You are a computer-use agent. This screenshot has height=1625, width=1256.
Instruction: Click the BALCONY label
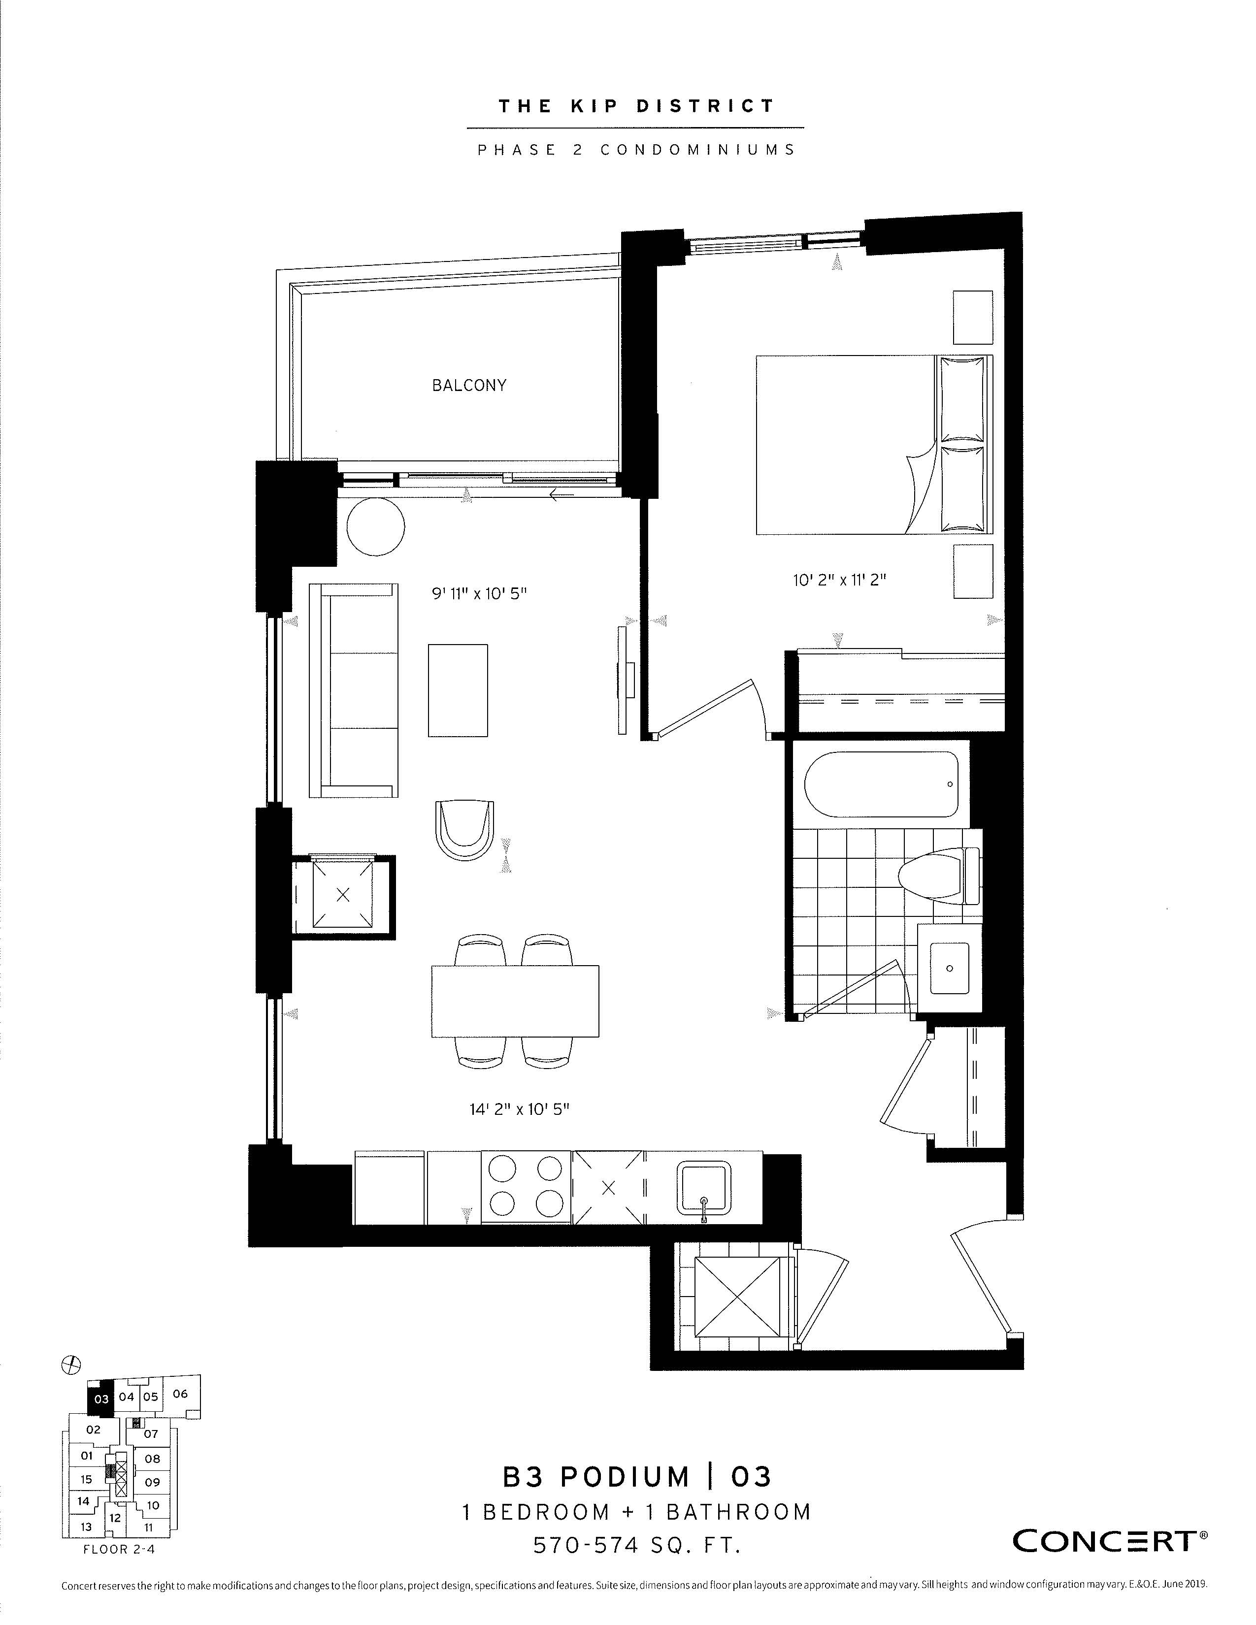point(469,386)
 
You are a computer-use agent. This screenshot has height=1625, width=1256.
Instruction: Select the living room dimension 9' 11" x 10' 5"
point(479,594)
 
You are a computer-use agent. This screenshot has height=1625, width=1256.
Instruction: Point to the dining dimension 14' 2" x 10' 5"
point(519,1109)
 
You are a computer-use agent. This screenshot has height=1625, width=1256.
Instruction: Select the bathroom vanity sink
point(950,968)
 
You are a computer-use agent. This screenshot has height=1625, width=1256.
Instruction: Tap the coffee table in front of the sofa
point(458,690)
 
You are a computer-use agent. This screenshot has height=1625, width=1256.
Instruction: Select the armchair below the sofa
point(465,830)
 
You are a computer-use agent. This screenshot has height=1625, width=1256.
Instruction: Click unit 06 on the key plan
point(181,1395)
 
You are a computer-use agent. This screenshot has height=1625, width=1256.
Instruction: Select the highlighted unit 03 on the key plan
point(100,1399)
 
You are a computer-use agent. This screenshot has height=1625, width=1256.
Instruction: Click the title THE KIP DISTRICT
point(636,106)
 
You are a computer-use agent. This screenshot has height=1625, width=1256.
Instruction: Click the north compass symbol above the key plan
point(71,1365)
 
